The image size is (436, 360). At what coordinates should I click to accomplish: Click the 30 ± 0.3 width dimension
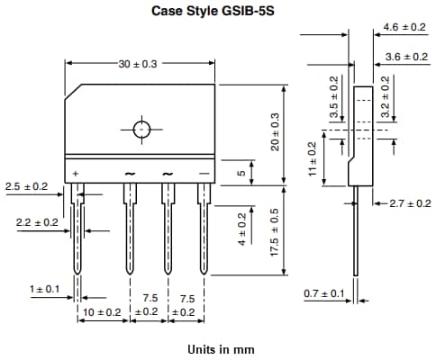point(138,64)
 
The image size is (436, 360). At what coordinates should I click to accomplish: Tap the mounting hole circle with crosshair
point(141,129)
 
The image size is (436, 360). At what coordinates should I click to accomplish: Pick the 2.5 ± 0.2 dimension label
point(26,186)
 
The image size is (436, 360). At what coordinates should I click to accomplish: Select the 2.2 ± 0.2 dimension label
point(37,221)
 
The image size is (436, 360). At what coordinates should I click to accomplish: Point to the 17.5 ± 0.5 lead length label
point(276,237)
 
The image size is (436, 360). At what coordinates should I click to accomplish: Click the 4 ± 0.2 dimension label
point(241,229)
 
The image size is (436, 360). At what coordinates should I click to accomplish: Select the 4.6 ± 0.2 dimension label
point(404,28)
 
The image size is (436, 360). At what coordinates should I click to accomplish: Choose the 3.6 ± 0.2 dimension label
point(404,57)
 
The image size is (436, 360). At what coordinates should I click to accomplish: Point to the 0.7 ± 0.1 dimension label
point(324,293)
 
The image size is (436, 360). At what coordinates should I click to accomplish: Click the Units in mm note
point(219,348)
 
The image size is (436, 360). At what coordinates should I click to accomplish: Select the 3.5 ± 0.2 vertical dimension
point(334,97)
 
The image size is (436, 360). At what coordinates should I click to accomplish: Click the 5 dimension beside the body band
point(241,174)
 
